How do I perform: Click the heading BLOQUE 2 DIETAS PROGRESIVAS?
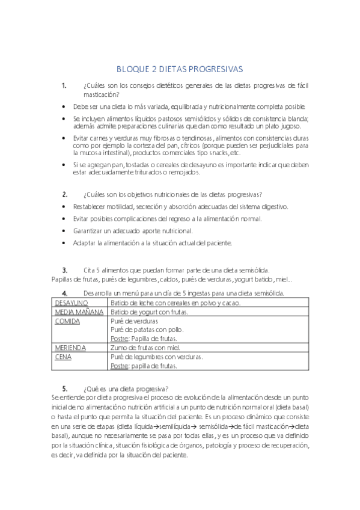point(180,69)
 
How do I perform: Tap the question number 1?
point(64,85)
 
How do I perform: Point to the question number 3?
point(64,269)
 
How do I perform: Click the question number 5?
point(64,388)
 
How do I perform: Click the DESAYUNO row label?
point(72,303)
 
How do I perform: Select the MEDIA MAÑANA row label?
point(79,312)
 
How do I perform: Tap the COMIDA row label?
point(68,322)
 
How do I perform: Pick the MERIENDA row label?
point(70,348)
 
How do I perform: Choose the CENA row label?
point(63,357)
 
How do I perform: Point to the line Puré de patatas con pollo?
point(148,330)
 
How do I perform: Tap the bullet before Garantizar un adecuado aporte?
point(64,231)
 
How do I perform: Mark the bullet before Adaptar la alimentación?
point(64,243)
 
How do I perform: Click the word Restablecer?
point(91,206)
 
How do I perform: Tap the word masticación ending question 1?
point(100,94)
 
